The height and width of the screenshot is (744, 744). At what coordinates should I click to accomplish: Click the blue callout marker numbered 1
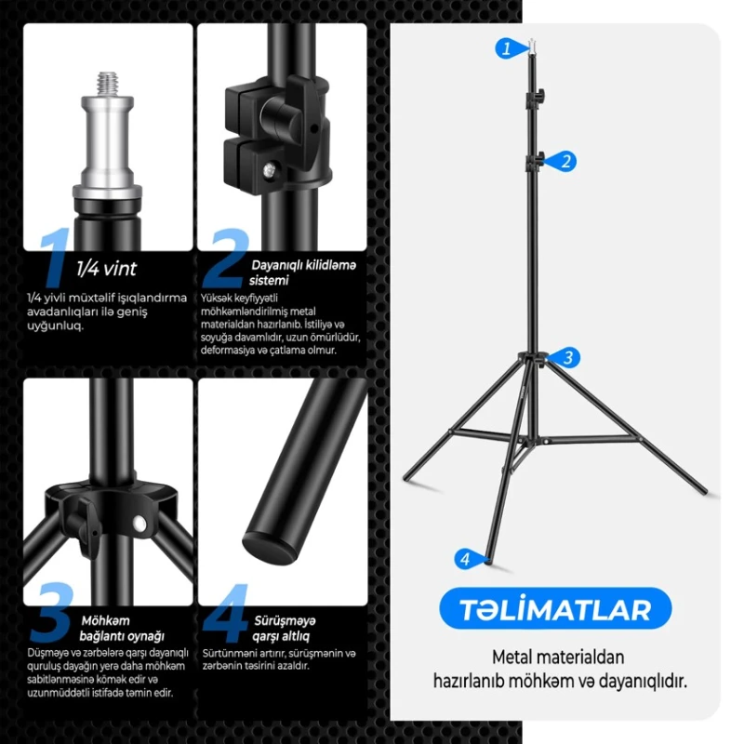click(x=506, y=48)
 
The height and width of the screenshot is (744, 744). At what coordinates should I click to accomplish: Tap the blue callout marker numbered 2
click(x=565, y=161)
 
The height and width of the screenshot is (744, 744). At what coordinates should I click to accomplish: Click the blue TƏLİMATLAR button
click(x=555, y=610)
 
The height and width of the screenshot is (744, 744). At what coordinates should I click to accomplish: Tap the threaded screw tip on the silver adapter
click(x=108, y=80)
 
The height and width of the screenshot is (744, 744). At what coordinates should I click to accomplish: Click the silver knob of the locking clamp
click(x=278, y=118)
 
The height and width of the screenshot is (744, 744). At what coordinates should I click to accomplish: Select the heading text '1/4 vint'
click(x=106, y=269)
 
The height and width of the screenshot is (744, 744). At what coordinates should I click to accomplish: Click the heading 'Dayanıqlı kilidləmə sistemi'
click(x=303, y=272)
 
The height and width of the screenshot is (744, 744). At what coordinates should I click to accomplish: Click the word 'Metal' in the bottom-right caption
click(x=513, y=658)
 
